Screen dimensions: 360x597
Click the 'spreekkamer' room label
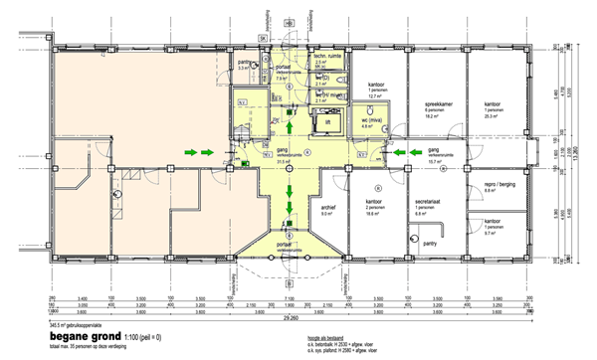440,104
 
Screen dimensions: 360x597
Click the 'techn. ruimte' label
329,58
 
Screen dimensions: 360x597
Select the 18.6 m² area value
376,214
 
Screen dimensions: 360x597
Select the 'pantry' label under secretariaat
430,240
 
